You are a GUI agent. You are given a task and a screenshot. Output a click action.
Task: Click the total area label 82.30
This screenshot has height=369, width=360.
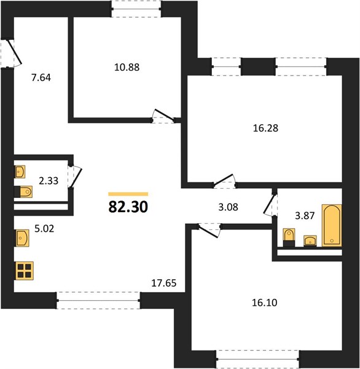(128, 207)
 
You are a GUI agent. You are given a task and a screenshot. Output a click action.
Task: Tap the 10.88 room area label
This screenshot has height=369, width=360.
(127, 67)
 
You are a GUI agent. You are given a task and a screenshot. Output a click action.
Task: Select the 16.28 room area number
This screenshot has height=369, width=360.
(265, 129)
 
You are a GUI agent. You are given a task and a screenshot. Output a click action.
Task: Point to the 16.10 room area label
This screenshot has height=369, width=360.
(265, 303)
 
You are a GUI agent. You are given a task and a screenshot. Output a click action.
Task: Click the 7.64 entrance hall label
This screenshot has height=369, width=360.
(41, 77)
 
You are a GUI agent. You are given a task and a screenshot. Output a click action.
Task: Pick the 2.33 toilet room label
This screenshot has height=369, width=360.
(49, 181)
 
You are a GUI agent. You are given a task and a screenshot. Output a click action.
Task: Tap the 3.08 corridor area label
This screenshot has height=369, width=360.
(228, 207)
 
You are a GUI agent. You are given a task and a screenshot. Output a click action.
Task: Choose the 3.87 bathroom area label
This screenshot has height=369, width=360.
(305, 216)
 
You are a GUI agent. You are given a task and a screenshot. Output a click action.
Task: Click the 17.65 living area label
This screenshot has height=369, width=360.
(163, 283)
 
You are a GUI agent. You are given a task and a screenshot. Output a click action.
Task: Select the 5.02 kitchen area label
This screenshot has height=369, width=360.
(44, 229)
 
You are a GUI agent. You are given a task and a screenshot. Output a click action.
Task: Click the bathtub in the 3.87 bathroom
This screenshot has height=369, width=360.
(332, 226)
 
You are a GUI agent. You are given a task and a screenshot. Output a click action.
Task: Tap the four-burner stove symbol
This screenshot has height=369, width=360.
(25, 271)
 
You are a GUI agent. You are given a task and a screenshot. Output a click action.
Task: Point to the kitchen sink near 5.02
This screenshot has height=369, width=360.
(22, 238)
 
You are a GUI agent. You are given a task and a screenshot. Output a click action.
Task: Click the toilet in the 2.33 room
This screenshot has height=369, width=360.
(23, 192)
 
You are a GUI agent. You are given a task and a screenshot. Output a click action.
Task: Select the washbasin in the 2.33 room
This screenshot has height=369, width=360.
(20, 172)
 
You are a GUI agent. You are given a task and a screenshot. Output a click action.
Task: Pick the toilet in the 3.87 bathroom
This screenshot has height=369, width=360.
(289, 237)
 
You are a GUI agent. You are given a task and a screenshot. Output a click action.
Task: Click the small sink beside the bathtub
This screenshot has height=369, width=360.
(310, 240)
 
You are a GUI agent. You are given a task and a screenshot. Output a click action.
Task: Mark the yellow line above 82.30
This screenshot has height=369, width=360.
(128, 194)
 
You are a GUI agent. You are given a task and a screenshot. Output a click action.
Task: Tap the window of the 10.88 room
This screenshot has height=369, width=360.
(136, 9)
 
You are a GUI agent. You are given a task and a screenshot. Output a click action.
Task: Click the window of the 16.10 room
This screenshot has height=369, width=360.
(258, 359)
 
